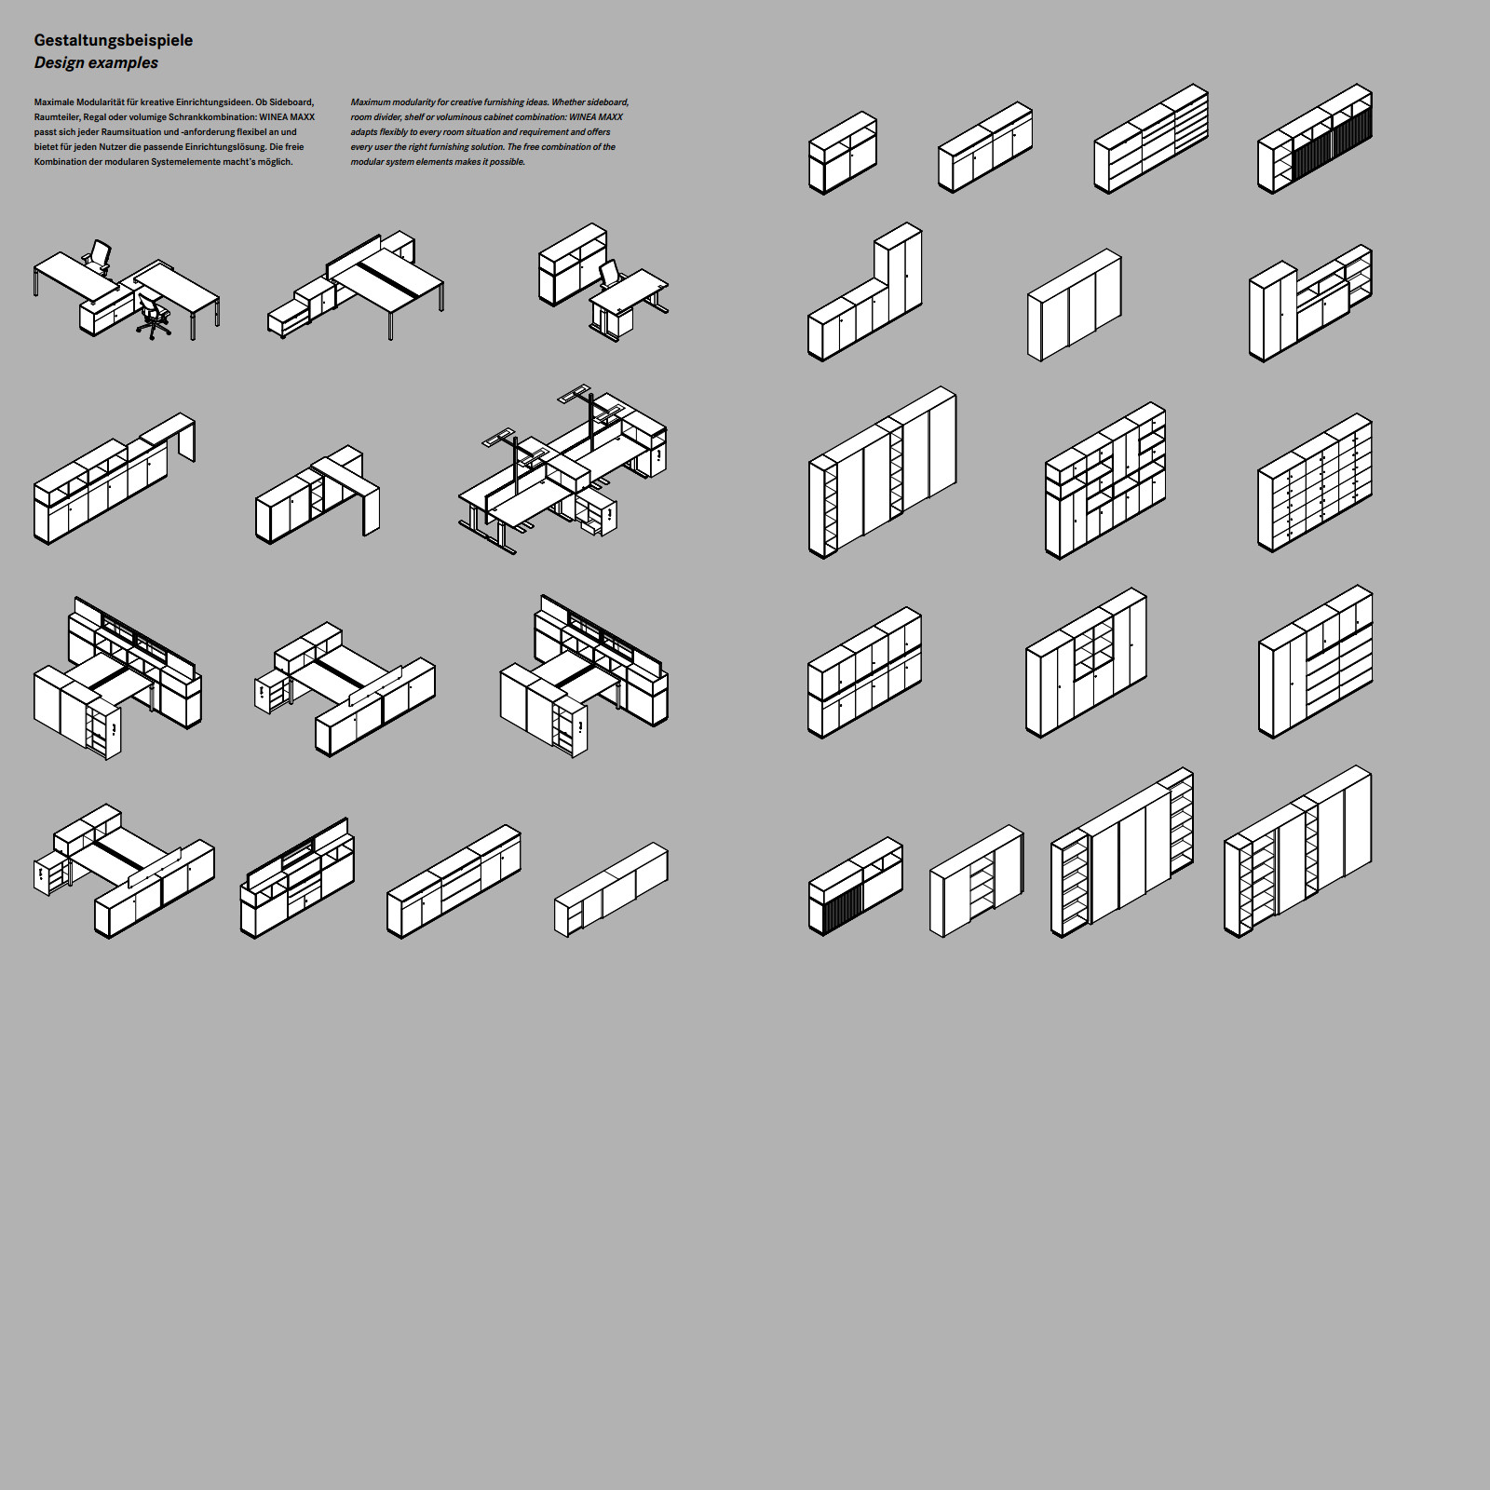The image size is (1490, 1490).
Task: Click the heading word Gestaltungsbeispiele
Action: [x=114, y=41]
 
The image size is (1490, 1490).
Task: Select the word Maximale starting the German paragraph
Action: [x=54, y=102]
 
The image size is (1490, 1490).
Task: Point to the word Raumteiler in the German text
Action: [x=56, y=117]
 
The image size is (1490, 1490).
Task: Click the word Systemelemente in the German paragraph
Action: [x=185, y=162]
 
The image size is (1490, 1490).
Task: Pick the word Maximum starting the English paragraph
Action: [x=371, y=102]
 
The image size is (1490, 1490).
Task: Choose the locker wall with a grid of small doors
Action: [x=1315, y=482]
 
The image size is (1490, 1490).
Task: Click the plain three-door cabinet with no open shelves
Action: [x=1075, y=305]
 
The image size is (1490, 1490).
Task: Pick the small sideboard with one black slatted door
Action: [x=855, y=886]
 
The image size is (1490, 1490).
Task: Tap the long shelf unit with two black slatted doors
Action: [x=1315, y=140]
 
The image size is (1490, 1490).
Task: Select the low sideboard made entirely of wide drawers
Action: [x=1151, y=139]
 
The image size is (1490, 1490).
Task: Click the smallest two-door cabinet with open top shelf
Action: [x=843, y=153]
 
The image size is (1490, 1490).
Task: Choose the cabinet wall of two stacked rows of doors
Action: [x=865, y=672]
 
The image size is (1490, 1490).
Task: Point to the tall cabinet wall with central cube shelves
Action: [x=1086, y=662]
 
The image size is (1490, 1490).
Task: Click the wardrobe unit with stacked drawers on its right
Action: [x=1315, y=661]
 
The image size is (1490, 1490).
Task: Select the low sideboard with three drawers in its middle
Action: [x=454, y=881]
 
